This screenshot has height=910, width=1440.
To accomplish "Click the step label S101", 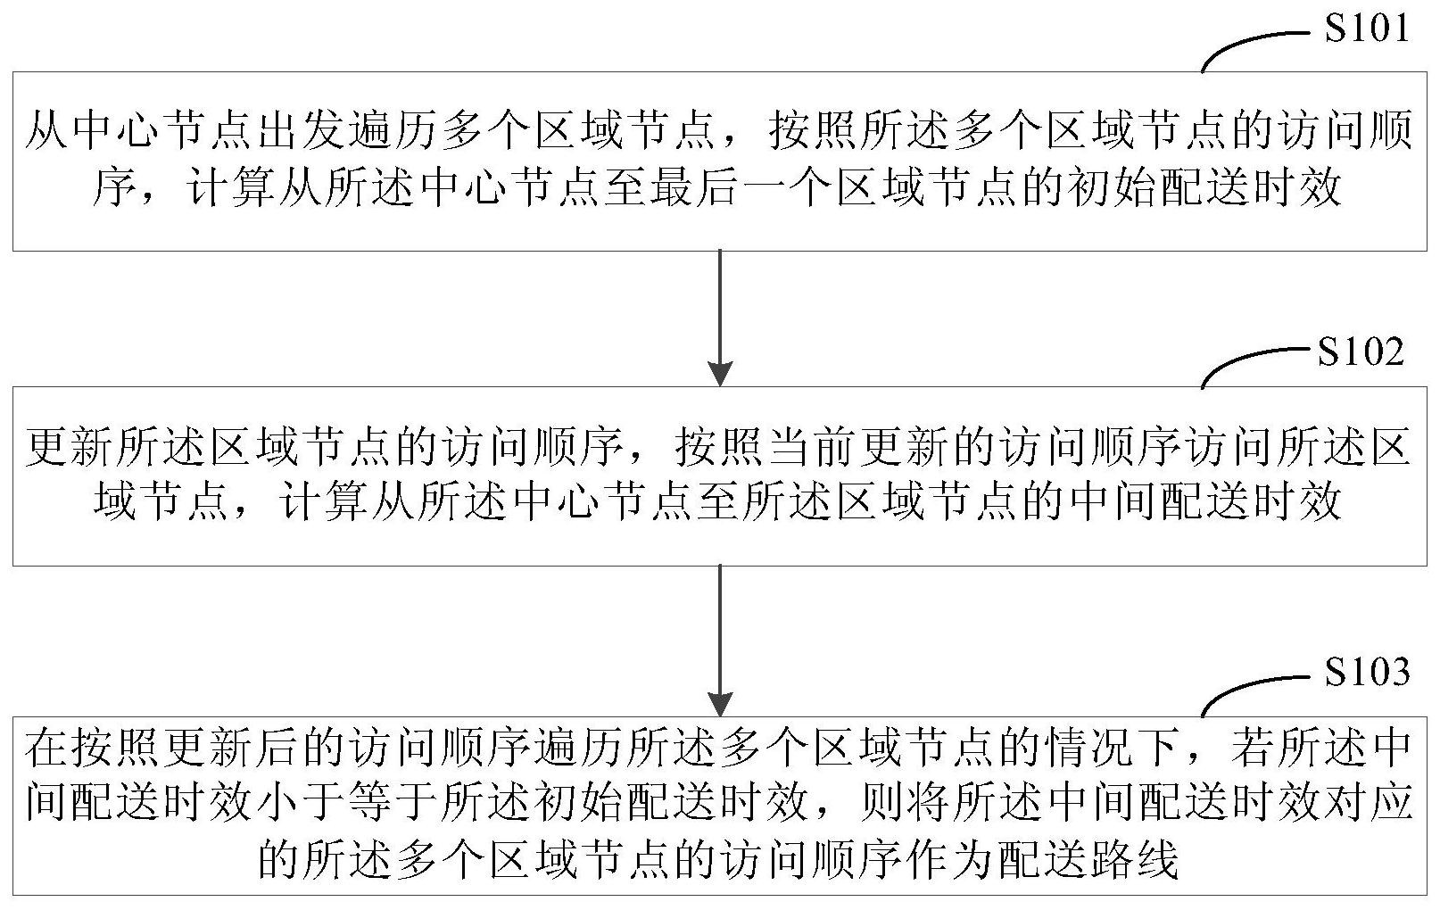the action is (1367, 29).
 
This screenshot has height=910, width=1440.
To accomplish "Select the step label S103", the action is (1367, 672).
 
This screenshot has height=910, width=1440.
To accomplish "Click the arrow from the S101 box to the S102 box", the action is (720, 318).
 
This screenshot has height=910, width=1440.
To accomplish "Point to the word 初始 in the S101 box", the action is (1111, 186).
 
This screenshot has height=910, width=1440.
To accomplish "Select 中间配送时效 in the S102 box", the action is (1204, 500).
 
